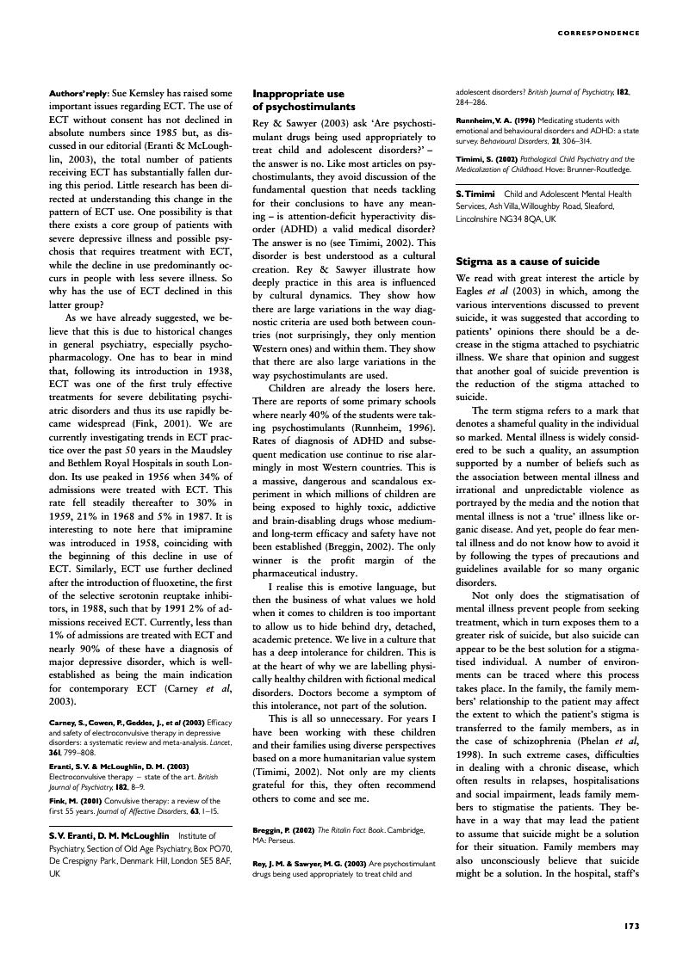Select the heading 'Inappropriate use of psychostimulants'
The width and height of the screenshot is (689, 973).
tap(303, 100)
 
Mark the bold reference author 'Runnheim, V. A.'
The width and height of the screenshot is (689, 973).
tap(485, 120)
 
